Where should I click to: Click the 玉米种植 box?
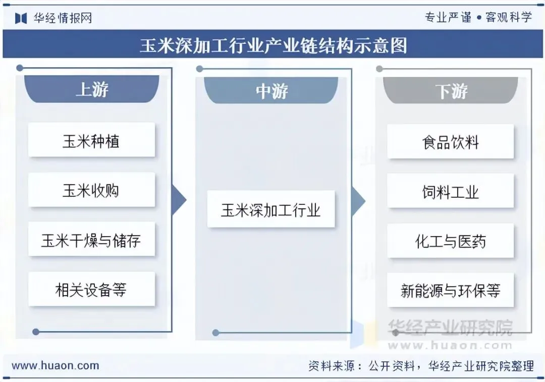click(x=91, y=140)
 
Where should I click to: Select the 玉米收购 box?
click(x=91, y=190)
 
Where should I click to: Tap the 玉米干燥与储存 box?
click(x=91, y=239)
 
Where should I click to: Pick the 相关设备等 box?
click(x=91, y=289)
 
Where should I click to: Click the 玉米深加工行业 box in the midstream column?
click(x=271, y=209)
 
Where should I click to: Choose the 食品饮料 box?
click(x=450, y=142)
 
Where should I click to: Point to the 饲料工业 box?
click(x=450, y=191)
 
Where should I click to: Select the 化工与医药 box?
click(x=450, y=241)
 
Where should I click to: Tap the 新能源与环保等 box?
click(x=450, y=291)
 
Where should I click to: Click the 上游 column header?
click(x=92, y=89)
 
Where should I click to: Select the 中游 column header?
click(x=271, y=91)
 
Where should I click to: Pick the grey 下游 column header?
click(x=451, y=91)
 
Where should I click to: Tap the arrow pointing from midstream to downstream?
click(x=358, y=200)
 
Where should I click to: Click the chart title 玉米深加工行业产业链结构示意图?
click(x=273, y=45)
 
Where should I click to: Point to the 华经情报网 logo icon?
click(x=21, y=18)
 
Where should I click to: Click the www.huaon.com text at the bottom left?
click(x=56, y=366)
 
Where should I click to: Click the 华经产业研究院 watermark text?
click(x=450, y=328)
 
